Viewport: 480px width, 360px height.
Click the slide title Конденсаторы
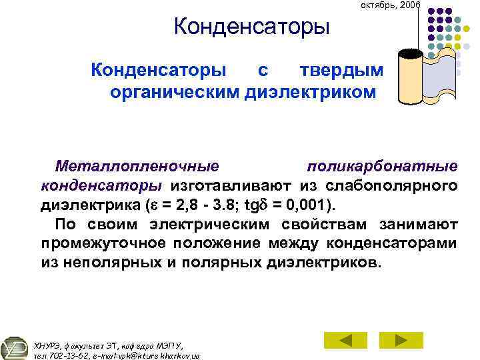coord(251,27)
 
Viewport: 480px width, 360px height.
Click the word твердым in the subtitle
coord(341,69)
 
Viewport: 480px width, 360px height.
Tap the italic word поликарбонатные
coord(382,165)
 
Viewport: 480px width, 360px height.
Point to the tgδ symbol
coord(256,204)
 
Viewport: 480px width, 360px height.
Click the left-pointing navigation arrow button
coord(345,340)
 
